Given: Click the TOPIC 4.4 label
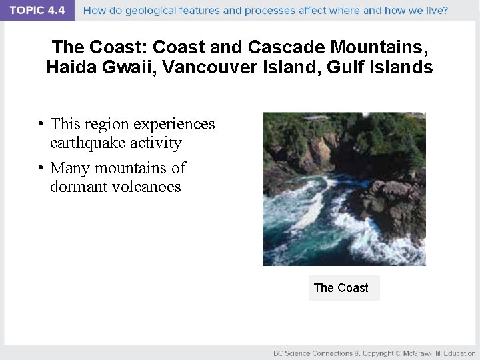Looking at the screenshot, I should coord(37,10).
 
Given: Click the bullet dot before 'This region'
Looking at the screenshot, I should coord(41,125).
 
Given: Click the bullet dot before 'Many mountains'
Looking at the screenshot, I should coord(41,168).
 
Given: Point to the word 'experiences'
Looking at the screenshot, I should coord(175,125).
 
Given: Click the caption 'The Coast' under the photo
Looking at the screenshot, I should coord(341,288).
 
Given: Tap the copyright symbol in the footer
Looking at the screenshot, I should coord(397,353).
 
